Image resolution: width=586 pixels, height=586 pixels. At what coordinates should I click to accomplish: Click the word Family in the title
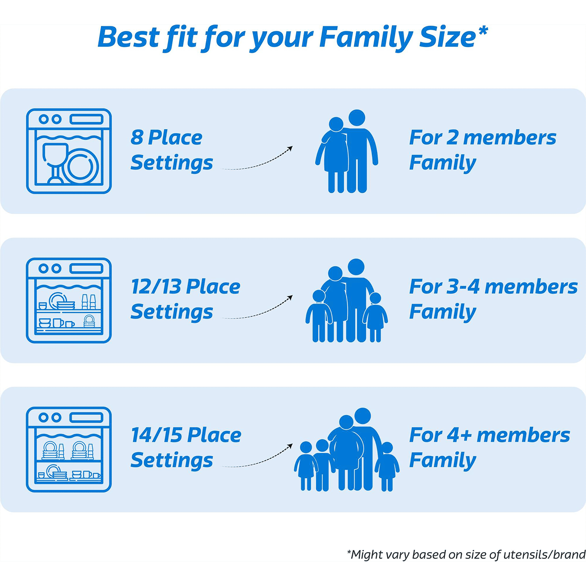pos(366,37)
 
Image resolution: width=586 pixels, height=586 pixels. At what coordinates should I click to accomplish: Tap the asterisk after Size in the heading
pos(483,31)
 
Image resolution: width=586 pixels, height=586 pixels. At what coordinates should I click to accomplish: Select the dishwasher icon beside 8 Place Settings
pos(69,151)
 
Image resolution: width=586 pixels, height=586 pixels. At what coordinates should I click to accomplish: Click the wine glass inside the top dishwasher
pos(55,161)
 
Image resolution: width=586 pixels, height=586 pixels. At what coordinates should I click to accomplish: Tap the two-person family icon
pos(346,151)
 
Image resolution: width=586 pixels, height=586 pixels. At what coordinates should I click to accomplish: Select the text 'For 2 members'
pos(482,138)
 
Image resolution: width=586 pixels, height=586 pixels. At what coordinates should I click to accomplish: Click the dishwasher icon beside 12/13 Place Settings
pos(69,300)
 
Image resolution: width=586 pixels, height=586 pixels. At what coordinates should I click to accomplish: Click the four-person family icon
pos(346,301)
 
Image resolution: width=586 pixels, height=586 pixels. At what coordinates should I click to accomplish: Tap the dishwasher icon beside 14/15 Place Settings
pos(69,449)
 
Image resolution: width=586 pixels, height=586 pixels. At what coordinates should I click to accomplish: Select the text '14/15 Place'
pos(186,435)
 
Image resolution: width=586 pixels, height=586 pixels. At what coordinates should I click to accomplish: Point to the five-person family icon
pos(346,450)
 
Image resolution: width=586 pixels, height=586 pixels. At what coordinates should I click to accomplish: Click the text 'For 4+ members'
pos(489,435)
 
